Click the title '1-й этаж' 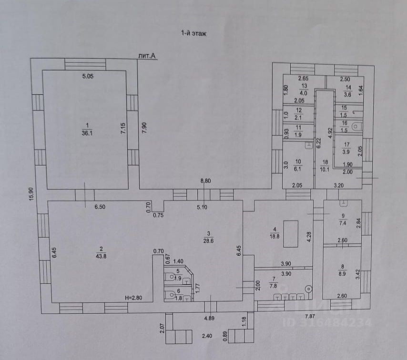(x=193, y=33)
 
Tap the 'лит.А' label (x=148, y=56)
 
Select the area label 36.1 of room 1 (x=86, y=133)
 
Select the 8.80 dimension (x=205, y=180)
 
